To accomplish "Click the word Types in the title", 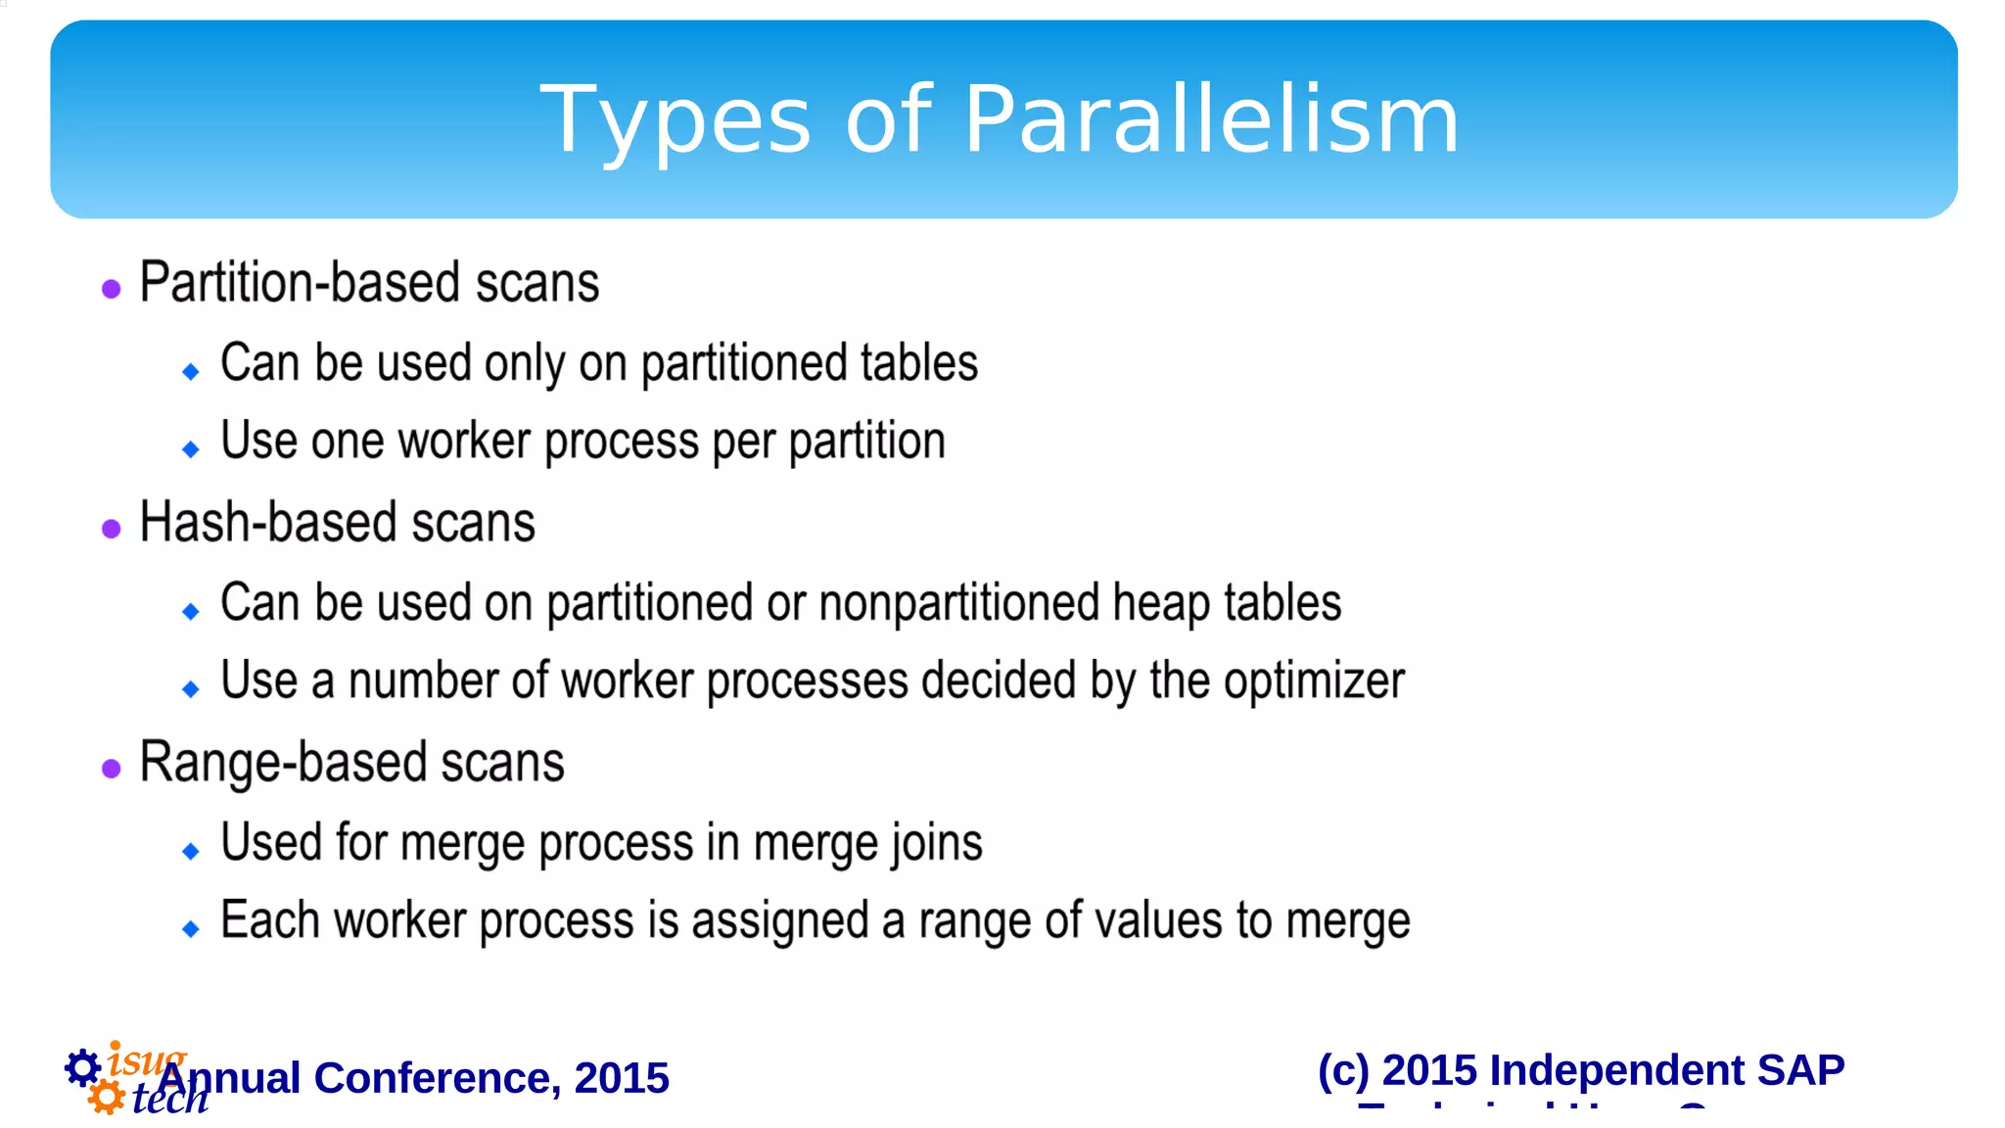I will [676, 121].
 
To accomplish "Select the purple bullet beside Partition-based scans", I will [112, 289].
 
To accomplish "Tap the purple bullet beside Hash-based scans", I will [112, 529].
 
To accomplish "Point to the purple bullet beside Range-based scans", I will [112, 769].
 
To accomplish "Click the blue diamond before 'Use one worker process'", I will [191, 449].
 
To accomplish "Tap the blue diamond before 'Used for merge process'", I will [191, 851].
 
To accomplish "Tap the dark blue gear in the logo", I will [83, 1067].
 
